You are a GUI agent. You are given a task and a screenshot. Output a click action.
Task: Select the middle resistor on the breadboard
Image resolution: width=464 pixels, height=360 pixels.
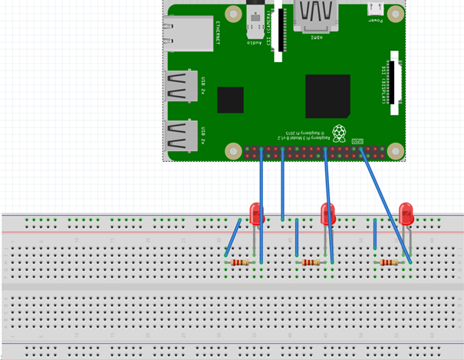click(x=311, y=263)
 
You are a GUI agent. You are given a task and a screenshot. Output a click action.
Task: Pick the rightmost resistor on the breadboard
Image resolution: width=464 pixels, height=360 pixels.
click(x=390, y=263)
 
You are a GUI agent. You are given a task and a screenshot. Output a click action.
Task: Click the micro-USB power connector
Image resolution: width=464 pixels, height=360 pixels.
click(x=376, y=9)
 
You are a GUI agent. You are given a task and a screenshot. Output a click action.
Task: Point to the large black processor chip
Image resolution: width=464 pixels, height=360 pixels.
click(x=327, y=96)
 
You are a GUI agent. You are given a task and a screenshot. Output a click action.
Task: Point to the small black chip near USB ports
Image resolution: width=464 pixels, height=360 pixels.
click(x=230, y=100)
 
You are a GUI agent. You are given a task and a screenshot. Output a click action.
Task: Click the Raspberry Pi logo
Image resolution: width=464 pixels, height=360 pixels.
click(x=339, y=128)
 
